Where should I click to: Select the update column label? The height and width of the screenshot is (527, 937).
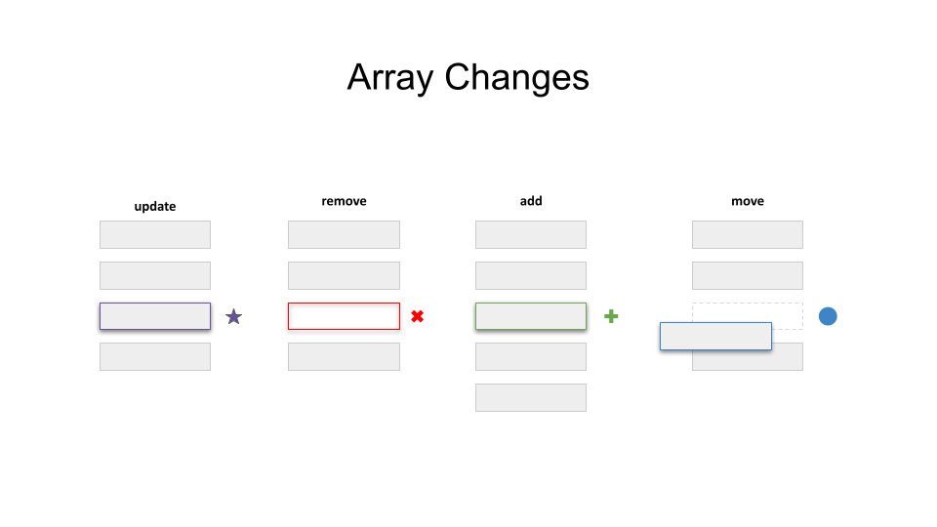(155, 206)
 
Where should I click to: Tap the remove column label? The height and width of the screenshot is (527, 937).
(344, 201)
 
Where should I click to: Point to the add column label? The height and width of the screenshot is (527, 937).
(531, 201)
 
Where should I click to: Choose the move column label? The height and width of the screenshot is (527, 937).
(748, 201)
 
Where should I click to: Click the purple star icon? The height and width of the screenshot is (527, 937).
(233, 316)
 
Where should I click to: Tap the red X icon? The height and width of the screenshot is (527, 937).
(417, 316)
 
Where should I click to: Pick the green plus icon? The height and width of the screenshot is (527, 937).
(611, 316)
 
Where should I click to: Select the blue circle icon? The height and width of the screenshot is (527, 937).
(828, 316)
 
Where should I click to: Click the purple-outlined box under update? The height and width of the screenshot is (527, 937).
(155, 316)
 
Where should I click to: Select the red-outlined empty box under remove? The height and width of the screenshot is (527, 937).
(344, 316)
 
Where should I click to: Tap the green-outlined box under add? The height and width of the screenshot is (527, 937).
(531, 316)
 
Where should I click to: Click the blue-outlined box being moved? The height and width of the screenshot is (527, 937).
(715, 337)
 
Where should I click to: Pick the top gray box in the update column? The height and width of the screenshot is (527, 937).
(155, 234)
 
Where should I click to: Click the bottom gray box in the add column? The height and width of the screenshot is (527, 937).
(531, 397)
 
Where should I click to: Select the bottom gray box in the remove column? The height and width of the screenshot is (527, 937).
(344, 356)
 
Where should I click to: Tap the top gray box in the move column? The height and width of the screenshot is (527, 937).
(748, 234)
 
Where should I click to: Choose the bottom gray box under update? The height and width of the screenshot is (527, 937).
(155, 356)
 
